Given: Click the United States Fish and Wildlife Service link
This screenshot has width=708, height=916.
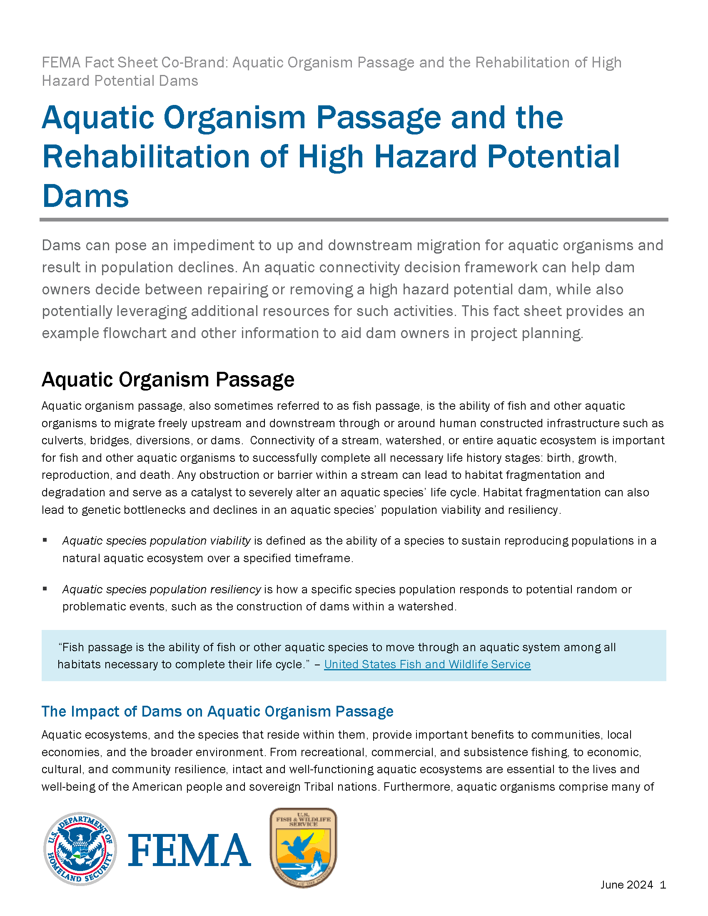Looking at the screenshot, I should coord(427,665).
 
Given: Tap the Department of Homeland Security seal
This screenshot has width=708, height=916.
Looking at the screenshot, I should coord(80,849).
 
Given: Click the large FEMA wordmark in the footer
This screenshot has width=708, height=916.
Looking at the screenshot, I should coord(189,850).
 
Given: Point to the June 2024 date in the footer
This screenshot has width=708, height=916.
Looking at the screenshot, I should coord(627,884).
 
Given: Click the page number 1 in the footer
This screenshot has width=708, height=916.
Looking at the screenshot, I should coord(663,884).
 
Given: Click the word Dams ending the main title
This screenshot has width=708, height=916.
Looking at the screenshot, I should coord(85,196).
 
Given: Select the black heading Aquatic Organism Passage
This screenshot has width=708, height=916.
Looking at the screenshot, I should coord(168,380).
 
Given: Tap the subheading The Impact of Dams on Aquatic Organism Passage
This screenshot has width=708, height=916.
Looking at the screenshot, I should coord(217,711).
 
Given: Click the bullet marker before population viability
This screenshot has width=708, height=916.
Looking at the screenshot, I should coord(45,540).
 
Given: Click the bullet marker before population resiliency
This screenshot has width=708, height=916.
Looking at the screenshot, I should coord(45,589).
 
